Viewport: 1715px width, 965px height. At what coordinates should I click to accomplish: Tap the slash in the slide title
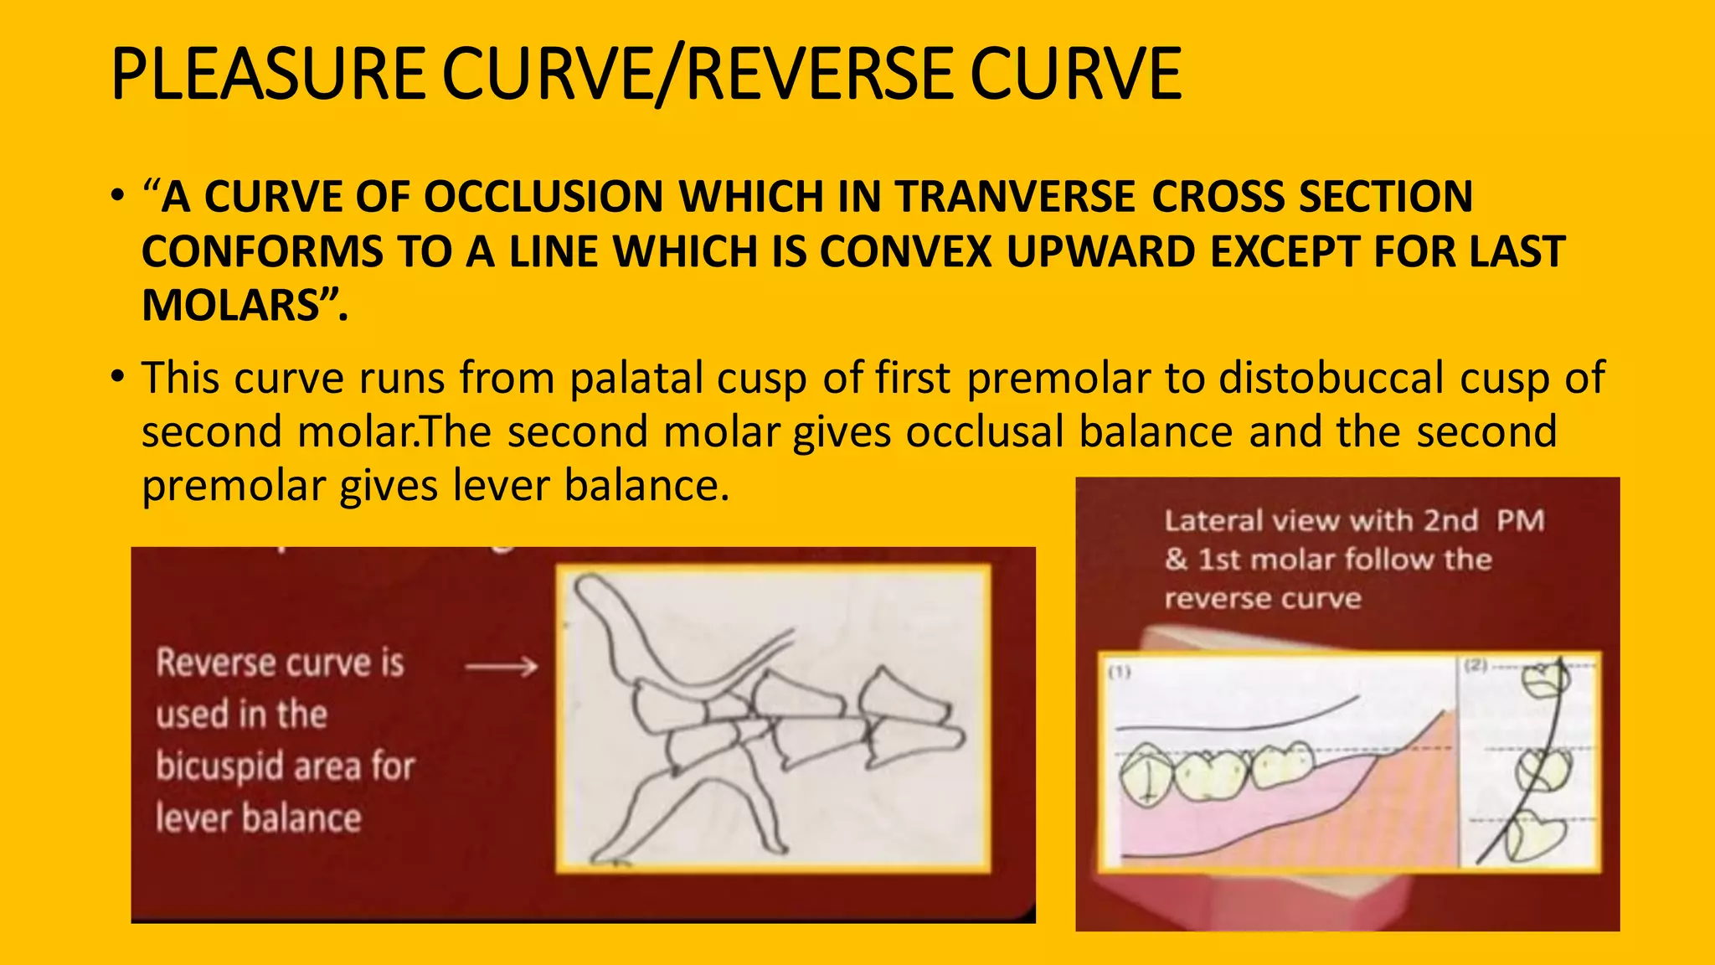pyautogui.click(x=670, y=75)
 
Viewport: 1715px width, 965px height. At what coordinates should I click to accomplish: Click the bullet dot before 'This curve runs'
pyautogui.click(x=118, y=376)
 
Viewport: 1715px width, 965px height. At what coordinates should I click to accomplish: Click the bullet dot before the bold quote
pyautogui.click(x=118, y=198)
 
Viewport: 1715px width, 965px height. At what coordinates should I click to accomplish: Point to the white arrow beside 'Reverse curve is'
pyautogui.click(x=502, y=667)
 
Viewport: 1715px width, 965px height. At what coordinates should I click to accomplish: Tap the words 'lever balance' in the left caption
pyautogui.click(x=258, y=818)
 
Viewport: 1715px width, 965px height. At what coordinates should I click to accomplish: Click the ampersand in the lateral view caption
pyautogui.click(x=1176, y=559)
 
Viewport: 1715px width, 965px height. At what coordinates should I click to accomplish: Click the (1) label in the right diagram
pyautogui.click(x=1120, y=672)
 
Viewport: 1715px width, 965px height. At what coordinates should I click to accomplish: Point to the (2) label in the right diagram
pyautogui.click(x=1476, y=666)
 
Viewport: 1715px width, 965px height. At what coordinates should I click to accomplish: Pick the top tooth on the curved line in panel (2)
pyautogui.click(x=1545, y=679)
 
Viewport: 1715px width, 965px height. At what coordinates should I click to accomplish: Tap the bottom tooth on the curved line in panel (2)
pyautogui.click(x=1534, y=838)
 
